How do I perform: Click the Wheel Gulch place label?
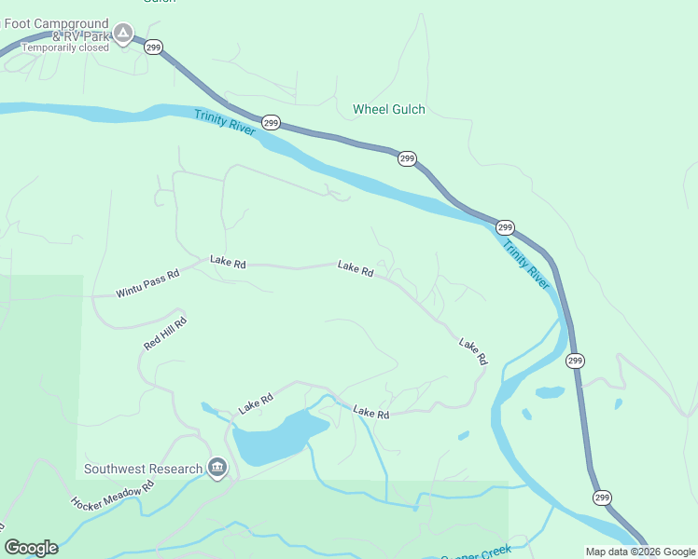tap(388, 109)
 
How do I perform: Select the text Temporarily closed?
tap(65, 48)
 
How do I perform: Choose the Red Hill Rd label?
tap(165, 333)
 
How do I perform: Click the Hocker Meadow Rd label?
tap(112, 495)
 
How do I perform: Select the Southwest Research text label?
tap(143, 469)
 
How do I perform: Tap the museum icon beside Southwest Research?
tap(217, 468)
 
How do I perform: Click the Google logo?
tap(31, 548)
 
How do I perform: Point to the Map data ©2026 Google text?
tap(639, 551)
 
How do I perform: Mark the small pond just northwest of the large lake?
tap(207, 407)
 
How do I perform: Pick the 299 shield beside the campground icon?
tap(154, 46)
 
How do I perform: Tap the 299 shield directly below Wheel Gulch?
tap(407, 158)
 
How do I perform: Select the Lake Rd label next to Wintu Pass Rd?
tap(228, 263)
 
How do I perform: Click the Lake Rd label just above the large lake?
tap(255, 402)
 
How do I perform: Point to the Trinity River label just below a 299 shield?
tap(526, 264)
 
